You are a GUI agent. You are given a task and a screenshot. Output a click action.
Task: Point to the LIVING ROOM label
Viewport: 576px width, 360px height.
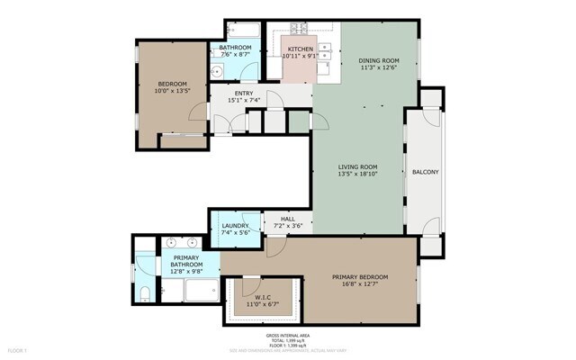coord(357,166)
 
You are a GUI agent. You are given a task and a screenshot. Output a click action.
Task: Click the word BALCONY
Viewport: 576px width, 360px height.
coord(426,171)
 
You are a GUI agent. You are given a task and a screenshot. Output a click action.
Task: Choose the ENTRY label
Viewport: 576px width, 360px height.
coord(244,93)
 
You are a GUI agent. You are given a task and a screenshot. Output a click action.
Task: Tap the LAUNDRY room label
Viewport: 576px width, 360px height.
coord(235,225)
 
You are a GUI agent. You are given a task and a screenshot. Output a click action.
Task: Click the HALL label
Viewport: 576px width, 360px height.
coord(287,219)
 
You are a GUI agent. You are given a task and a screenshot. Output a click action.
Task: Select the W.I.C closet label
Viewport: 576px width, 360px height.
coord(263,297)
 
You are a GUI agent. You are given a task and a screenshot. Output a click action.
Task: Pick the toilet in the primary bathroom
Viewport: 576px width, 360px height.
coord(145,291)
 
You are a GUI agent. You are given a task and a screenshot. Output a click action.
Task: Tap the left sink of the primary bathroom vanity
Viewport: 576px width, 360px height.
coord(171,243)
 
